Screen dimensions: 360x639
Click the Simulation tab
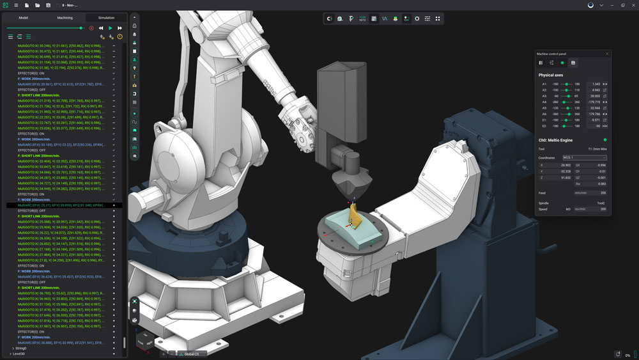click(x=106, y=18)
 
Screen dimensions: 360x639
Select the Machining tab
click(x=65, y=18)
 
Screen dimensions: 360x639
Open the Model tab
click(x=23, y=18)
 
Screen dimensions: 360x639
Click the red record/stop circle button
click(x=91, y=28)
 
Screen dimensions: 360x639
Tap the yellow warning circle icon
click(x=119, y=36)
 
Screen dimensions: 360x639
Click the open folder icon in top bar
click(x=38, y=5)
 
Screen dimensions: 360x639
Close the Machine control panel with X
click(x=607, y=54)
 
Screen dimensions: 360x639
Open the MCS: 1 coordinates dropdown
click(x=584, y=157)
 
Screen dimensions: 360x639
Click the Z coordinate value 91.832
click(x=565, y=177)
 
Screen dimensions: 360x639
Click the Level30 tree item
click(x=19, y=354)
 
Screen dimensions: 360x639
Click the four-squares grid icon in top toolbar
click(x=438, y=19)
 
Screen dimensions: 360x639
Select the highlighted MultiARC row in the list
click(x=61, y=205)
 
